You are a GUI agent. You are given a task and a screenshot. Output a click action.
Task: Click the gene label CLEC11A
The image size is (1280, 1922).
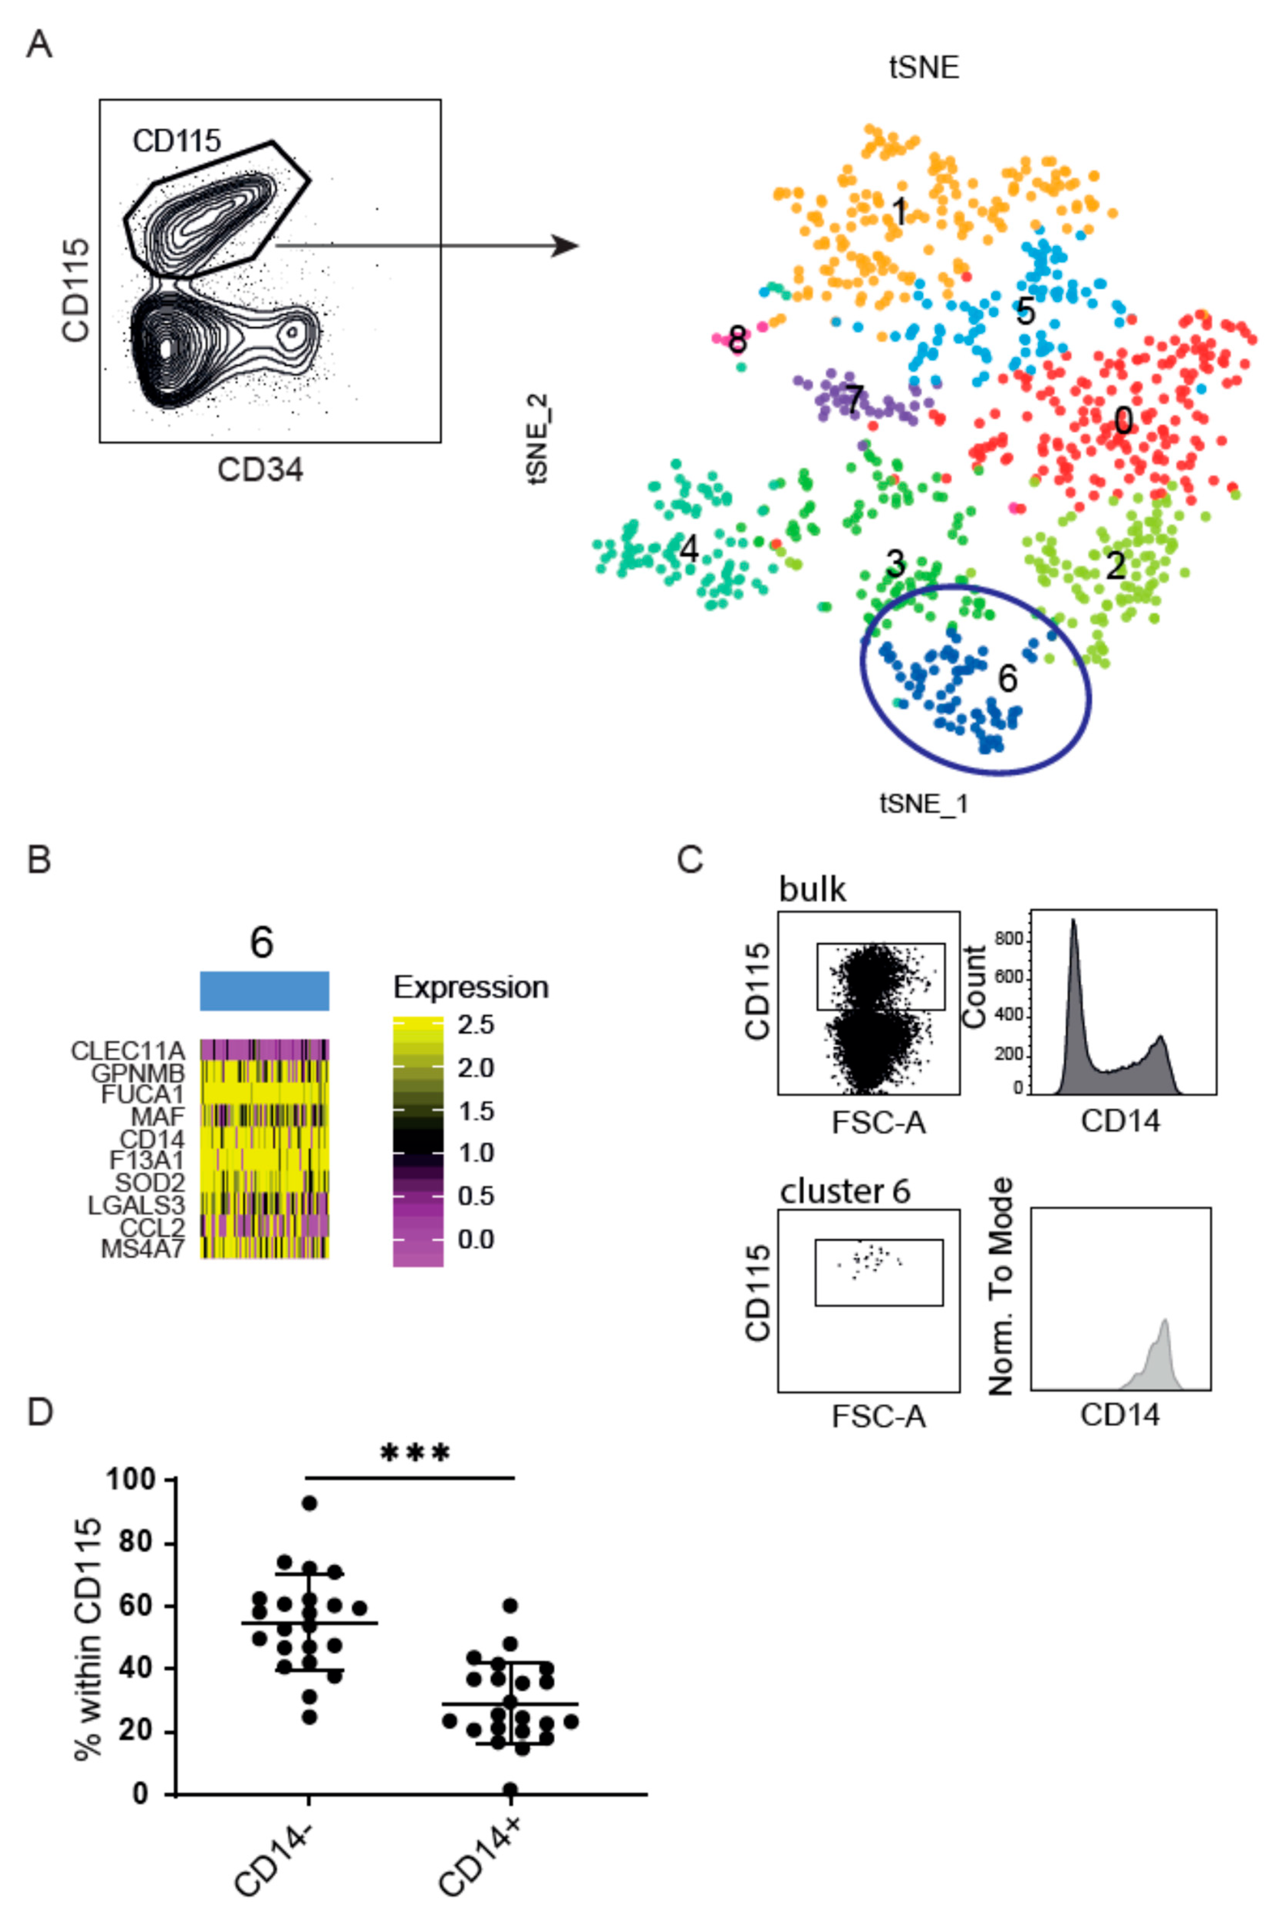pyautogui.click(x=128, y=1050)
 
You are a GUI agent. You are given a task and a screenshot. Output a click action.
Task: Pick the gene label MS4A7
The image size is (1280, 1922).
pyautogui.click(x=143, y=1249)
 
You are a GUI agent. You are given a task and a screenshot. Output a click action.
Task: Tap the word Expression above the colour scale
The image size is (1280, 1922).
pyautogui.click(x=471, y=987)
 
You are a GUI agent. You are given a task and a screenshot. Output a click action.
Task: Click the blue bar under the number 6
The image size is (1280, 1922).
pyautogui.click(x=265, y=991)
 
